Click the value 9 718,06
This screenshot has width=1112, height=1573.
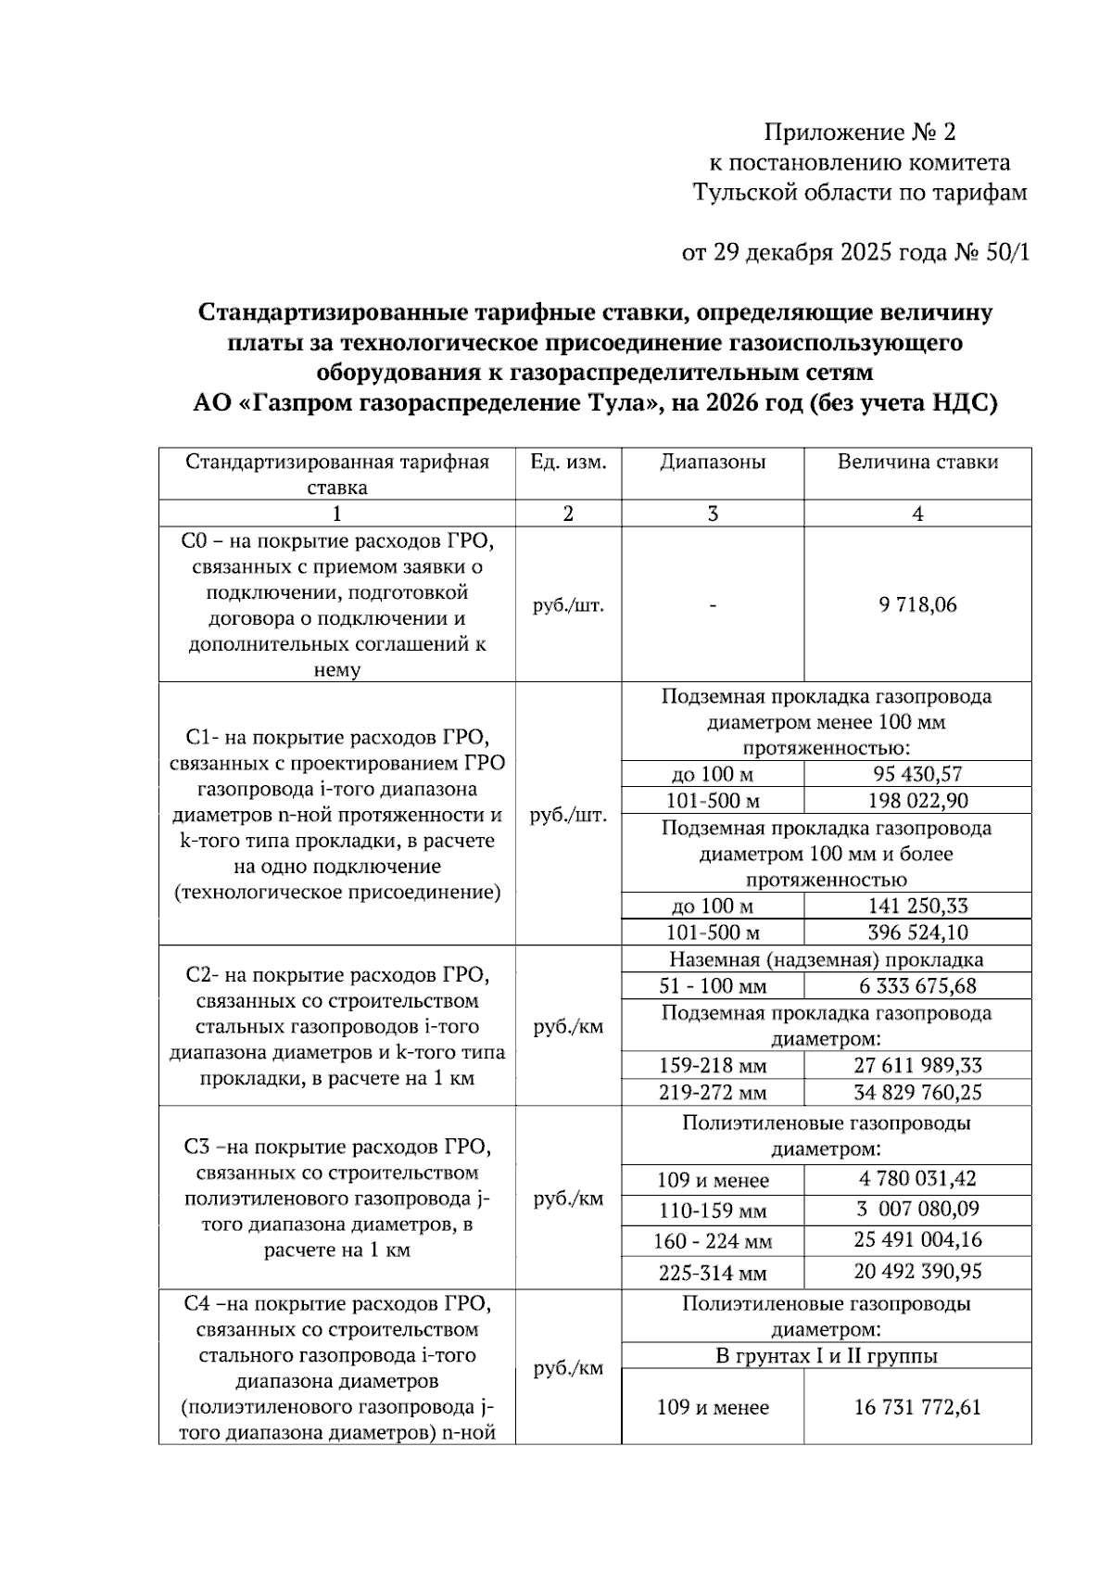(917, 605)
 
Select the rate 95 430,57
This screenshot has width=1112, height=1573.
(917, 774)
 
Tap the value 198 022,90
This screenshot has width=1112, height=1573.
(917, 800)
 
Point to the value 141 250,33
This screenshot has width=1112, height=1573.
(917, 906)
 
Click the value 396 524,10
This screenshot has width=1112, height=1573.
(917, 932)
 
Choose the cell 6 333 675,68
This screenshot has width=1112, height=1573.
(917, 986)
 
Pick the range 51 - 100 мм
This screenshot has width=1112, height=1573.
(713, 986)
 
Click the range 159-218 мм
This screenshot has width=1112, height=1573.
(713, 1066)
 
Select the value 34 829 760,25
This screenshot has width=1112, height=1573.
(917, 1093)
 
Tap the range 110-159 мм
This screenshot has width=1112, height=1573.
(713, 1211)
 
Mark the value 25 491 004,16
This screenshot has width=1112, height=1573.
(917, 1240)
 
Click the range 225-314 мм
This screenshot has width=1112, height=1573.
(713, 1273)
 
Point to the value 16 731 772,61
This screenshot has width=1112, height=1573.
(917, 1407)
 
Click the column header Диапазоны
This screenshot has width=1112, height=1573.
(713, 462)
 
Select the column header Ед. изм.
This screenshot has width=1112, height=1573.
(568, 462)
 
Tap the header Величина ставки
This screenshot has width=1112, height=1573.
(917, 462)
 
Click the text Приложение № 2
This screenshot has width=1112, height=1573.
(859, 133)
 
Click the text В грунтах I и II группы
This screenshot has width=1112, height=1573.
(826, 1356)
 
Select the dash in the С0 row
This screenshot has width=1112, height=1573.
(713, 605)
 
